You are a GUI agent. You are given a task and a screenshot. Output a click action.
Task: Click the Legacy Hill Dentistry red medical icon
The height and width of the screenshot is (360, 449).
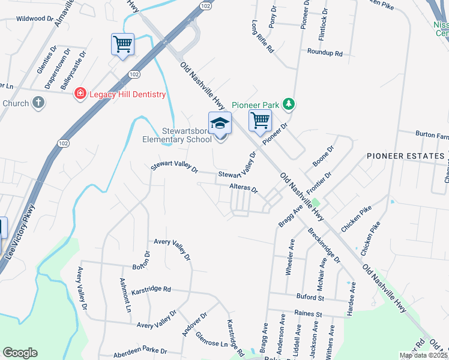pos(79,94)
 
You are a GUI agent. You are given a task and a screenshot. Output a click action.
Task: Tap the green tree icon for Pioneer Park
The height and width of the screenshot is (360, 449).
pos(289,104)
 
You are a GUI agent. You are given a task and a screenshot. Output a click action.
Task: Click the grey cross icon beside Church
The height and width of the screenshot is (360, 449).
pos(38,103)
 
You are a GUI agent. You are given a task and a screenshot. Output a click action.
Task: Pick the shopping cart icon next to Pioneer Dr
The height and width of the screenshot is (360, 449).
pos(260,120)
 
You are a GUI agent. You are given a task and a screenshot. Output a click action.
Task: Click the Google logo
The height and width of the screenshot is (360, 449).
pos(20,352)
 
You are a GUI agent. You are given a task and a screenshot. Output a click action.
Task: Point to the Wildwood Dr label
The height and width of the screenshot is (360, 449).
pos(35,19)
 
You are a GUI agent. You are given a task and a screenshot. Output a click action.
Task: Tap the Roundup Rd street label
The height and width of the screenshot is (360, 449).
pos(324,53)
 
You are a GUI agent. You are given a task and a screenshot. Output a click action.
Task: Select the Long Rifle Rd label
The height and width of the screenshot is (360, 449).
pos(262,37)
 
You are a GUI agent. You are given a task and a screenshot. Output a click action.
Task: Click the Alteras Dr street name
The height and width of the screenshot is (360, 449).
pos(244,189)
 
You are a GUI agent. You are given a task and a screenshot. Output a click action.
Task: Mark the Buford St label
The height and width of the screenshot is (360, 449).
pos(310,297)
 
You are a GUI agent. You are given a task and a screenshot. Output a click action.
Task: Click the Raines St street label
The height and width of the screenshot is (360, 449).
pos(308,313)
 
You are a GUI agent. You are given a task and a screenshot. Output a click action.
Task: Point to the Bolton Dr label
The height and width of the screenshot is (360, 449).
pos(140,262)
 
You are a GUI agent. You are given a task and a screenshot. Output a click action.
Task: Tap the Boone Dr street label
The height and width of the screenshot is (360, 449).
pos(322,157)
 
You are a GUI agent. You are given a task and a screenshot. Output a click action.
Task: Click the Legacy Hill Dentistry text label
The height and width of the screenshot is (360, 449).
pos(127,94)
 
